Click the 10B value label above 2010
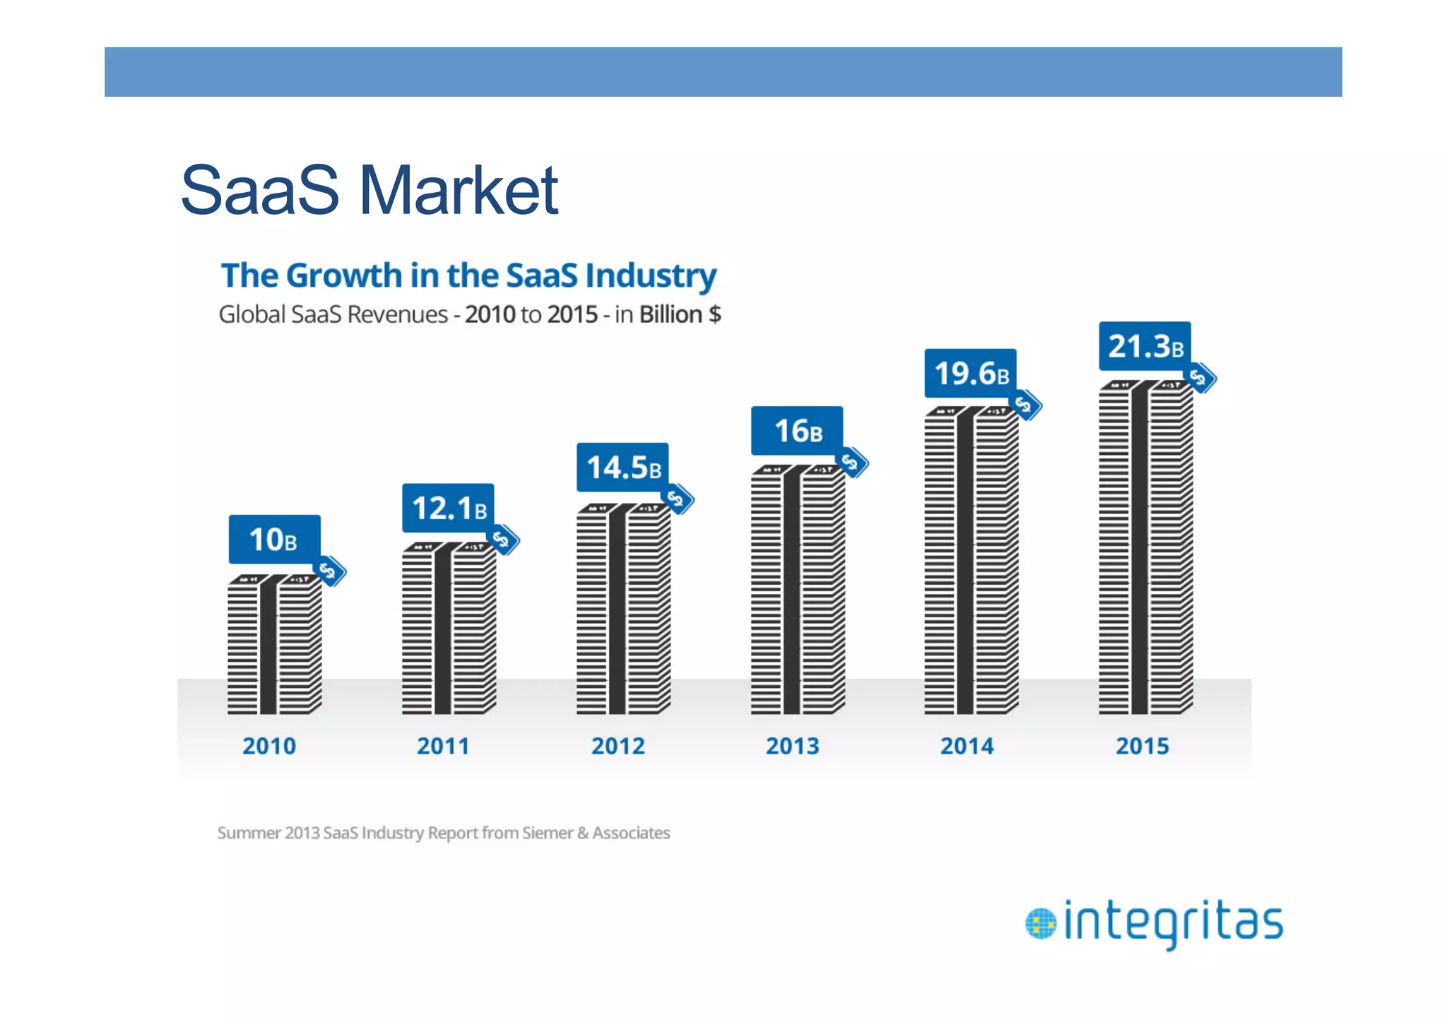pyautogui.click(x=274, y=539)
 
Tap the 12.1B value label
pyautogui.click(x=448, y=508)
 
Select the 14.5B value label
pyautogui.click(x=622, y=467)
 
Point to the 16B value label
pyautogui.click(x=797, y=430)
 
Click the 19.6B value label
pyautogui.click(x=971, y=373)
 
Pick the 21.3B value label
pyautogui.click(x=1145, y=346)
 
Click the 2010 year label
pyautogui.click(x=269, y=746)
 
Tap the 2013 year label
pyautogui.click(x=793, y=746)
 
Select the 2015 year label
pyautogui.click(x=1142, y=746)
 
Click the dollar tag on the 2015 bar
pyautogui.click(x=1199, y=378)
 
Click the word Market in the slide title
pyautogui.click(x=459, y=190)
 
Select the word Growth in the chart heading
pyautogui.click(x=344, y=275)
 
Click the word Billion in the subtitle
pyautogui.click(x=671, y=314)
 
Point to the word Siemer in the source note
pyautogui.click(x=548, y=833)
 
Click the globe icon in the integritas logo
pyautogui.click(x=1040, y=924)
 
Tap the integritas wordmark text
pyautogui.click(x=1173, y=922)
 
